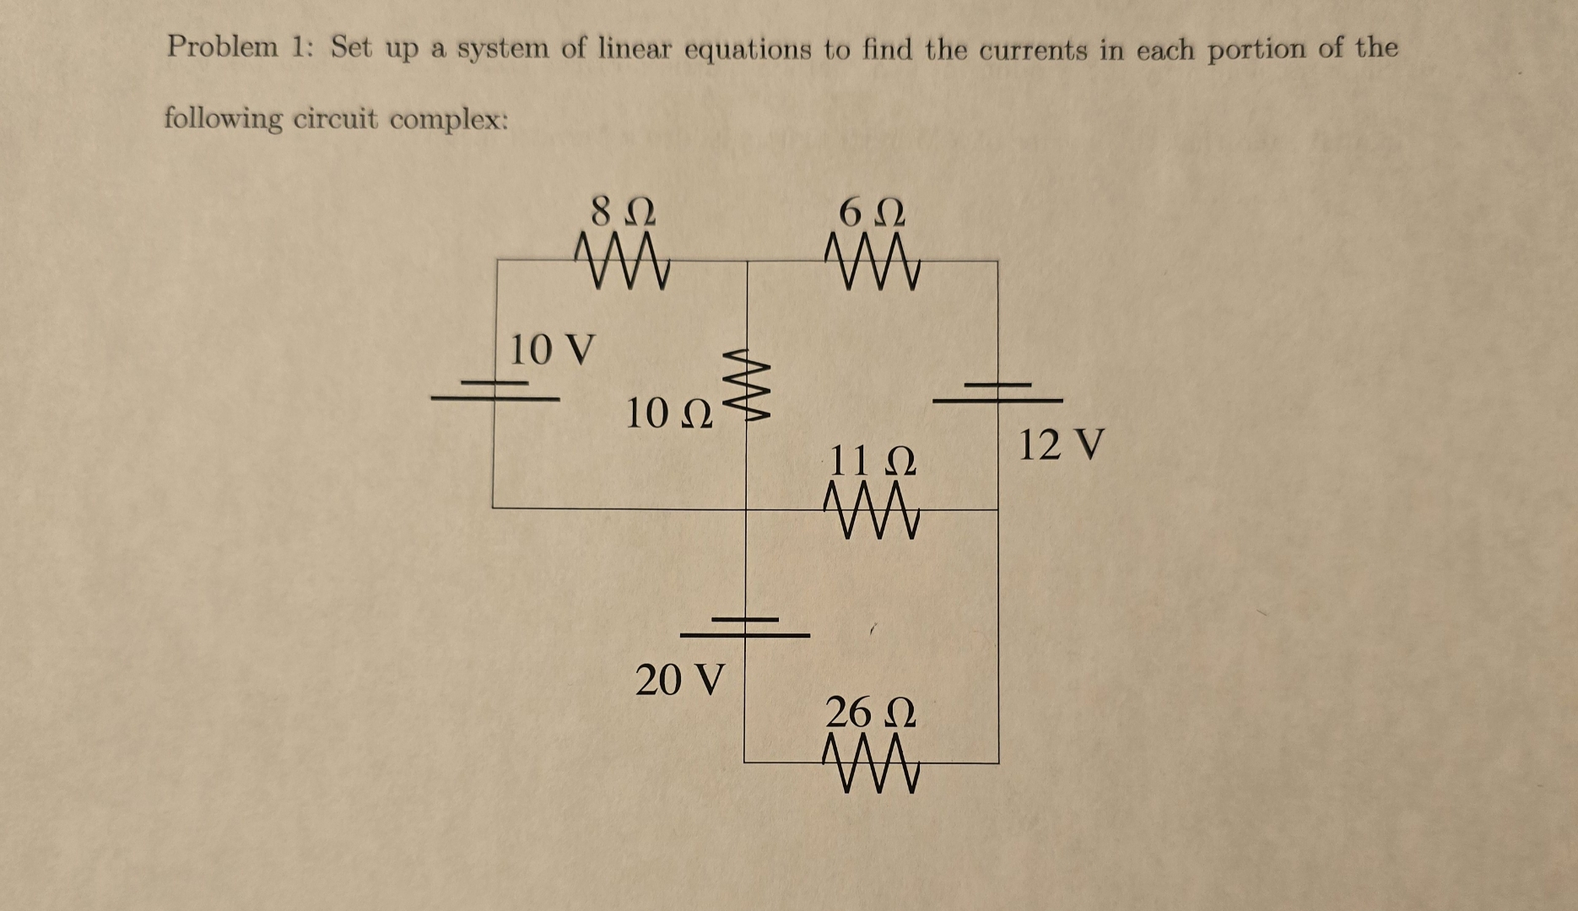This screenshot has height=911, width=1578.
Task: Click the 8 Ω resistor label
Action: click(623, 211)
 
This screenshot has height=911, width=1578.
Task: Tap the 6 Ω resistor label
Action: click(872, 213)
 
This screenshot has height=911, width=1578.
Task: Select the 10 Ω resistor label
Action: click(669, 413)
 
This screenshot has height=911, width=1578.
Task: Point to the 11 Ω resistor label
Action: click(873, 461)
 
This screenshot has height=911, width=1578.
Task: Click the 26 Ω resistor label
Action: click(870, 713)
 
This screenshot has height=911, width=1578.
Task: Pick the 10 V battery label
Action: click(552, 349)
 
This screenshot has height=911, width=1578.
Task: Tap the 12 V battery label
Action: click(1061, 445)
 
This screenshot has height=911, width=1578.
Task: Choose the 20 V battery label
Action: click(679, 680)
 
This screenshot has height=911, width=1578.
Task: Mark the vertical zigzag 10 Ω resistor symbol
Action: click(746, 385)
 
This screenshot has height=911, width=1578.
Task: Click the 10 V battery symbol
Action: click(495, 391)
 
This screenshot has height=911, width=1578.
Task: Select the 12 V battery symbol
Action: click(997, 392)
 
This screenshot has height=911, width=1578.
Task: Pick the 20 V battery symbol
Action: click(745, 627)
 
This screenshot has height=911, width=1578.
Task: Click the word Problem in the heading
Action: click(222, 46)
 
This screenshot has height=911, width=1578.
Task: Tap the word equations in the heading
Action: click(747, 50)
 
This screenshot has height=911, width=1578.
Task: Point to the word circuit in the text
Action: click(335, 119)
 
